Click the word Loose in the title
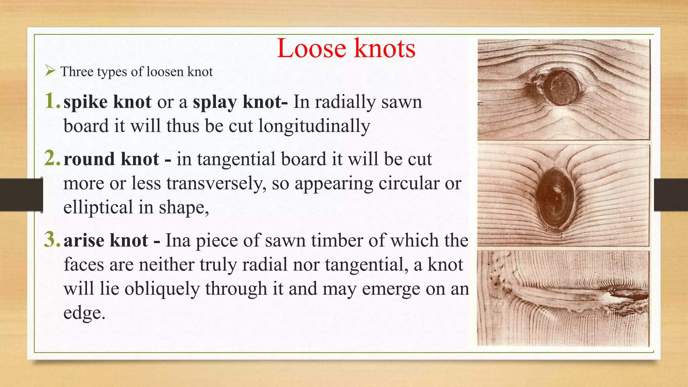311,49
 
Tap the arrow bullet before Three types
50,71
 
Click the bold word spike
85,102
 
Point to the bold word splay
215,102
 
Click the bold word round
89,159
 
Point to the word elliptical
98,207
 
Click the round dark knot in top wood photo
561,88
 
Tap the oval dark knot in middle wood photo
554,199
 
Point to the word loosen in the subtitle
165,72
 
